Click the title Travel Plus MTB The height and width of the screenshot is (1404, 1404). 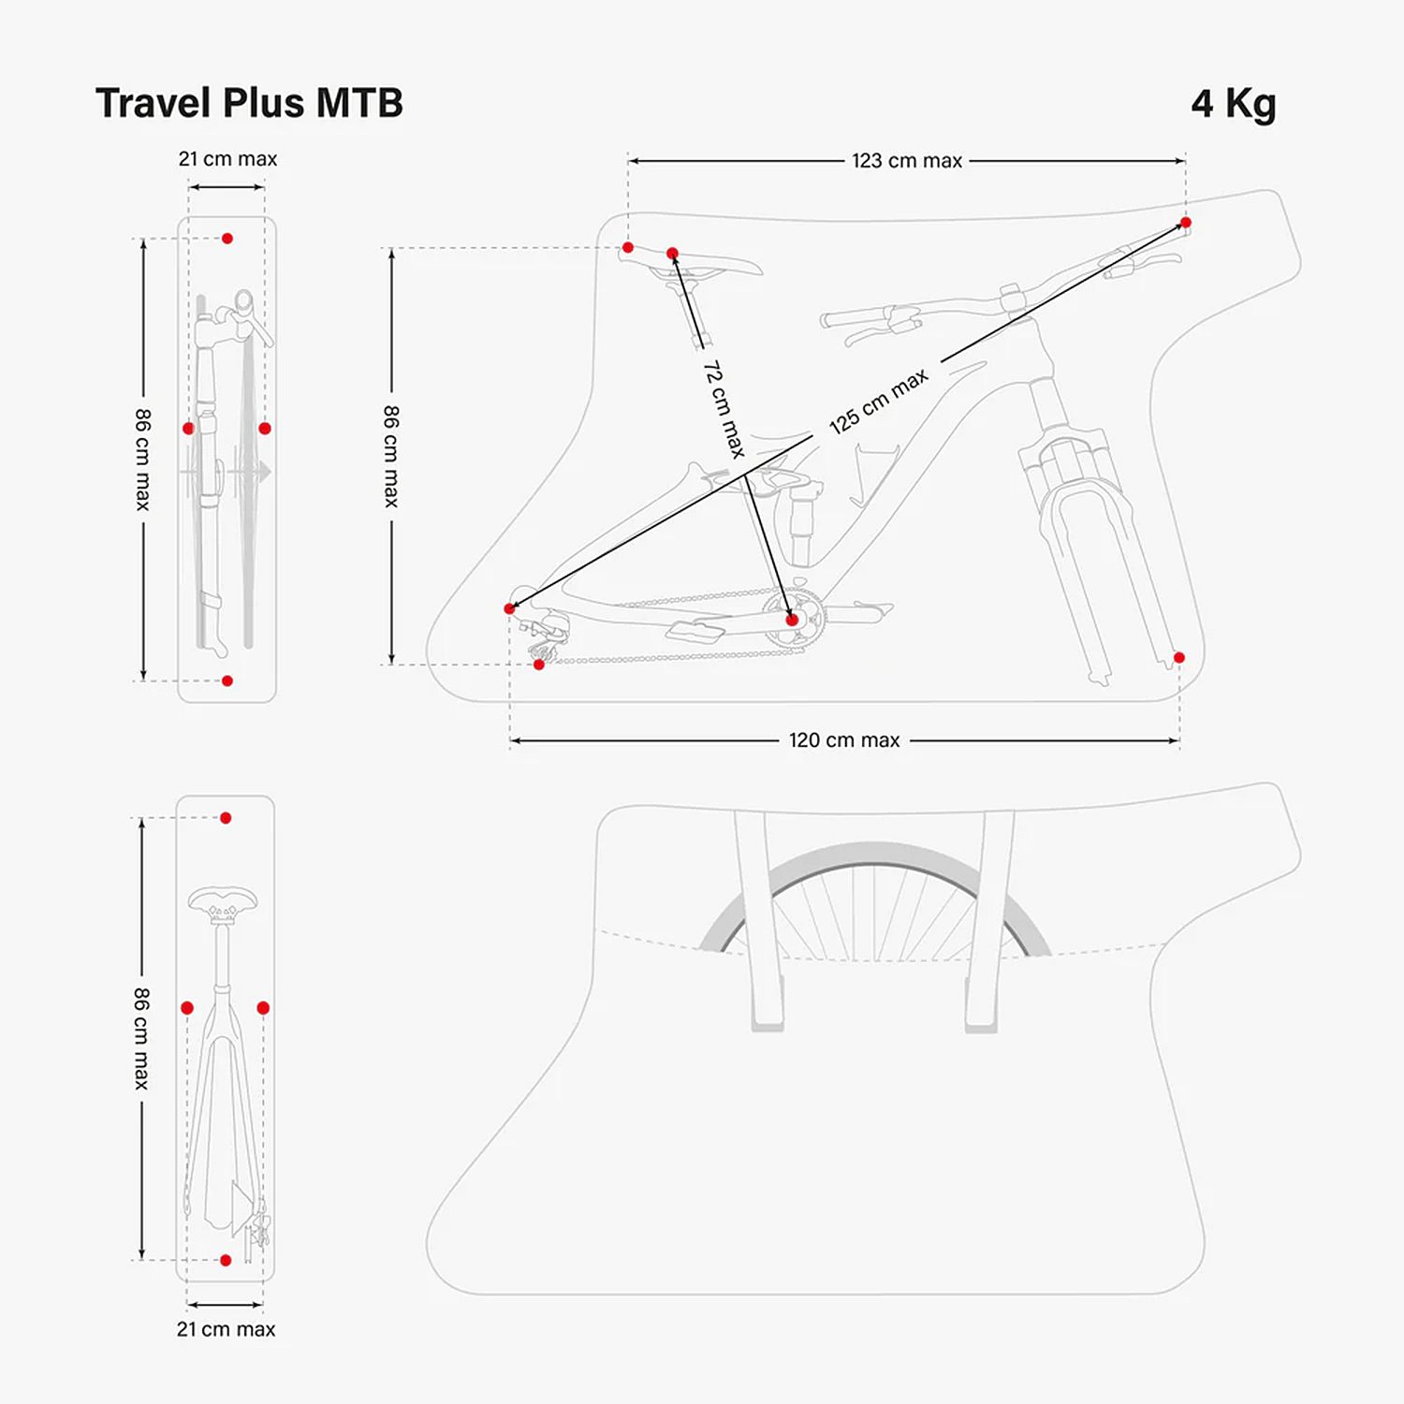click(x=249, y=103)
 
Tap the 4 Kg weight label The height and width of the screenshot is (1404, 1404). click(x=1233, y=104)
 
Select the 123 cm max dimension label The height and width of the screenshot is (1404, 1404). click(x=906, y=161)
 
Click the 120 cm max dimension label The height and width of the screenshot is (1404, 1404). click(x=843, y=740)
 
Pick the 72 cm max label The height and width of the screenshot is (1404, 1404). click(x=724, y=409)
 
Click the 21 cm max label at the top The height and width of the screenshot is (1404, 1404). click(x=227, y=159)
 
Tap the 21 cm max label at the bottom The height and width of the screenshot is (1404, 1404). click(x=226, y=1329)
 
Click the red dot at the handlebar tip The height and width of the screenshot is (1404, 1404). click(x=1185, y=223)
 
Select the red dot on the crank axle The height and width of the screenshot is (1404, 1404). click(x=792, y=620)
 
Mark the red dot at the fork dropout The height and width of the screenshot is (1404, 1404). click(x=1178, y=658)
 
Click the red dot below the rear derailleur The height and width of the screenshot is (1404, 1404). click(x=539, y=665)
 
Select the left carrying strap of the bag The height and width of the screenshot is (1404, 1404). click(x=756, y=917)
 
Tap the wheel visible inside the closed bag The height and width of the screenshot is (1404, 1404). click(x=870, y=899)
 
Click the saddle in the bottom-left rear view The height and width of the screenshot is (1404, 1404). click(x=223, y=903)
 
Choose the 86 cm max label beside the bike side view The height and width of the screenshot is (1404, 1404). click(x=391, y=456)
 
